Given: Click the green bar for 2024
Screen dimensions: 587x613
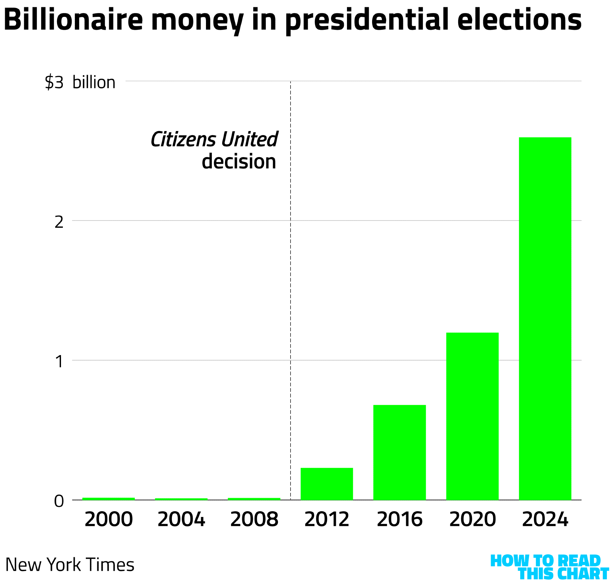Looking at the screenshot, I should (545, 318).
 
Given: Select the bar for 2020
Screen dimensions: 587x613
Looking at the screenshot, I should (472, 416).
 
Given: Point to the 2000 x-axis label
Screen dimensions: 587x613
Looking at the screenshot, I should (109, 520).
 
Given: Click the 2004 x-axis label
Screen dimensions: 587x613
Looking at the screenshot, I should (181, 520).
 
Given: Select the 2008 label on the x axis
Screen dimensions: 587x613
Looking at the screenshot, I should (254, 520).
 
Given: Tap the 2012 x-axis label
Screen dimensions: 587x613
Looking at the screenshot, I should (327, 520).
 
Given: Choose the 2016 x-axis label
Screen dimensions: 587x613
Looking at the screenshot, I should (399, 520).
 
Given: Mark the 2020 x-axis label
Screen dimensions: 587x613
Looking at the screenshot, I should (472, 520).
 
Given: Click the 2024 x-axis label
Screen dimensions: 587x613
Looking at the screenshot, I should (545, 520).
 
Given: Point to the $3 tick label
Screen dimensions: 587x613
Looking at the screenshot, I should (54, 83).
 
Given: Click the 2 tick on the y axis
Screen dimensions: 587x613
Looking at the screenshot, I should (59, 222).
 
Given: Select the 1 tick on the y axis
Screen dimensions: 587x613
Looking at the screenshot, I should (59, 362).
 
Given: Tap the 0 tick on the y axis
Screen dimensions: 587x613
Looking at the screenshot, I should (59, 502).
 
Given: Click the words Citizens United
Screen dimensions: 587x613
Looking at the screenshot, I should (214, 139).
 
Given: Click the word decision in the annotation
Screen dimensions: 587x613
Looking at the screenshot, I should (239, 161).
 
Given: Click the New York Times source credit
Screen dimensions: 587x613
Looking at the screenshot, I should (70, 565).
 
